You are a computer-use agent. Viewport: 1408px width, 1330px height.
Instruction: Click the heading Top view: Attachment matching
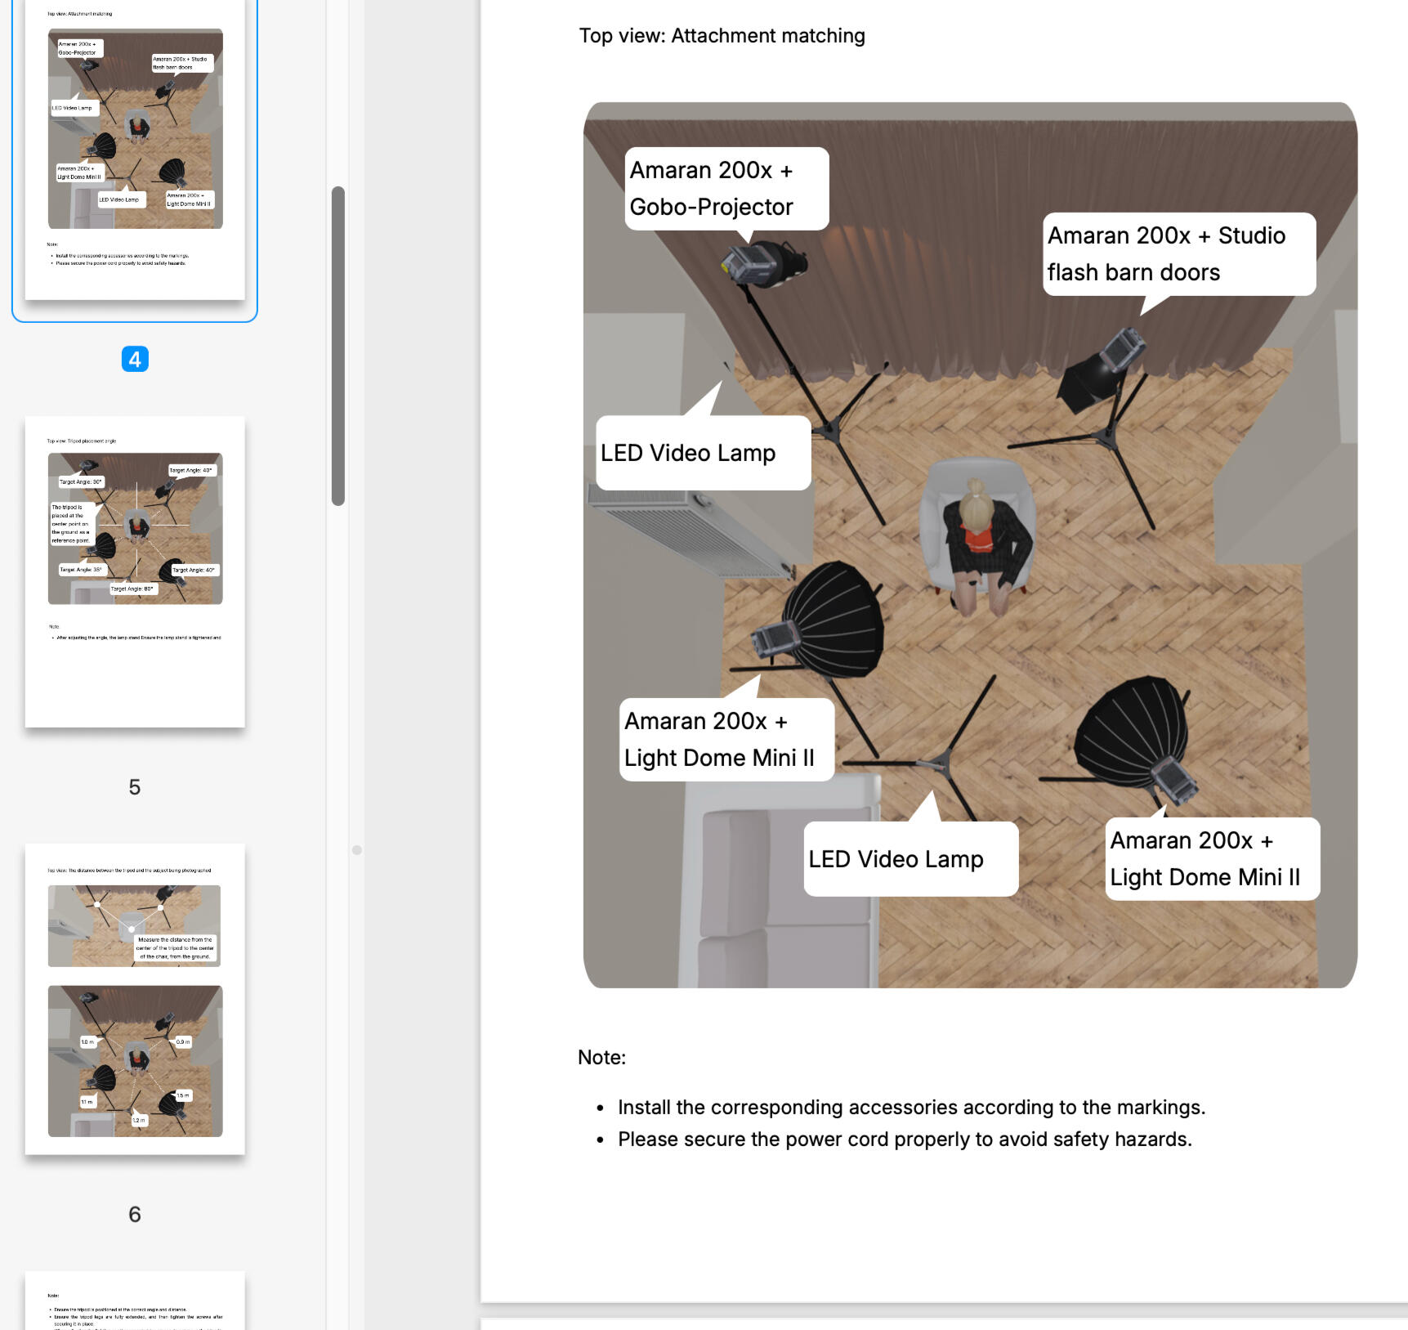pyautogui.click(x=722, y=36)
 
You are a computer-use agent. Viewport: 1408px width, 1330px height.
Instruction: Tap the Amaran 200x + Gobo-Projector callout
pyautogui.click(x=726, y=189)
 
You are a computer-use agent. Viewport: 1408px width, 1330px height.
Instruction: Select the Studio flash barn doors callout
pyautogui.click(x=1178, y=254)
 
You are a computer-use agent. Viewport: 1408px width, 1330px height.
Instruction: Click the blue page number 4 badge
pyautogui.click(x=135, y=359)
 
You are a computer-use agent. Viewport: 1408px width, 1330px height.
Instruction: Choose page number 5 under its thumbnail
pyautogui.click(x=135, y=786)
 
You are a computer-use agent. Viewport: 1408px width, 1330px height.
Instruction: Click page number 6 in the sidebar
pyautogui.click(x=135, y=1214)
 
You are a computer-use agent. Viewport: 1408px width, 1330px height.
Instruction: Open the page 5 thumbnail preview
pyautogui.click(x=135, y=571)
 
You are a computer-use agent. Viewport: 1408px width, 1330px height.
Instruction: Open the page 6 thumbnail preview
pyautogui.click(x=135, y=998)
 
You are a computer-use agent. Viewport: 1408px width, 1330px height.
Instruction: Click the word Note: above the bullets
pyautogui.click(x=601, y=1057)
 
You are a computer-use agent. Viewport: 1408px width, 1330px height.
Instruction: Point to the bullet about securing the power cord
pyautogui.click(x=905, y=1139)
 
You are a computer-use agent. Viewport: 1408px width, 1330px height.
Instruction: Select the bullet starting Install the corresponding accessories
pyautogui.click(x=911, y=1107)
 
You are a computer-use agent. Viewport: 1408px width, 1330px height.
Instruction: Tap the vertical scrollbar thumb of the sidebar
pyautogui.click(x=338, y=345)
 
